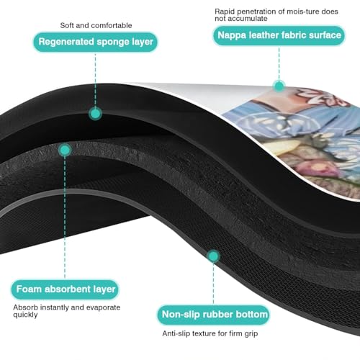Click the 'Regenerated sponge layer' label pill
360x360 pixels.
96,42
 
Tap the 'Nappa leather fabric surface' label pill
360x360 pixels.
279,35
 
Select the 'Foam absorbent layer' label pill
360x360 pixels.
66,289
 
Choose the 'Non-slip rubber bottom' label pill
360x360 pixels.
214,315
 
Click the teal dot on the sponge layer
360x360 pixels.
95,114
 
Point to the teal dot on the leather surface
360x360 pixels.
279,86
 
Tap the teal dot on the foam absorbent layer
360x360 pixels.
65,150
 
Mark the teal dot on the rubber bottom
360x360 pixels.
213,256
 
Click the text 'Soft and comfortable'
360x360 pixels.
96,25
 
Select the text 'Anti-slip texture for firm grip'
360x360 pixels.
210,333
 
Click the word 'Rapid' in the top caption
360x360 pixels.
225,12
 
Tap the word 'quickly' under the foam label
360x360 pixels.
25,315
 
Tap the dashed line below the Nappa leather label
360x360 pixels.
279,63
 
